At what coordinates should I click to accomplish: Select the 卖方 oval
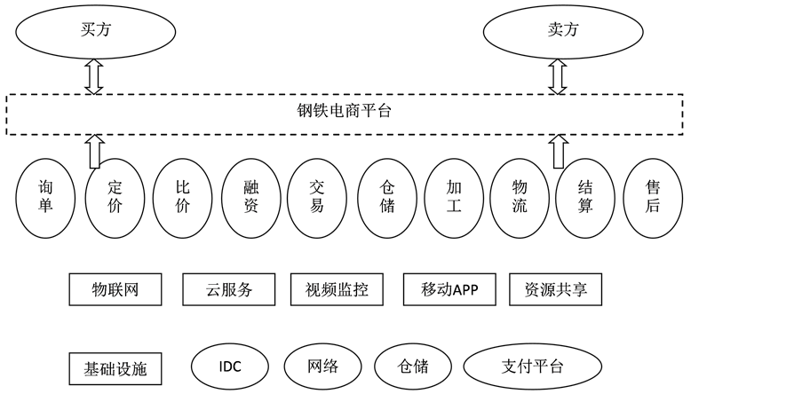pyautogui.click(x=557, y=29)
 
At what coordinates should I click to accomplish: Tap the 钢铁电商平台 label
pyautogui.click(x=344, y=112)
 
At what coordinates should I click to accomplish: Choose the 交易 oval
pyautogui.click(x=317, y=197)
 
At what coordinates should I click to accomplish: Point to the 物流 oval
pyautogui.click(x=520, y=197)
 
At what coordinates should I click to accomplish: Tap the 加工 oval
pyautogui.click(x=455, y=197)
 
